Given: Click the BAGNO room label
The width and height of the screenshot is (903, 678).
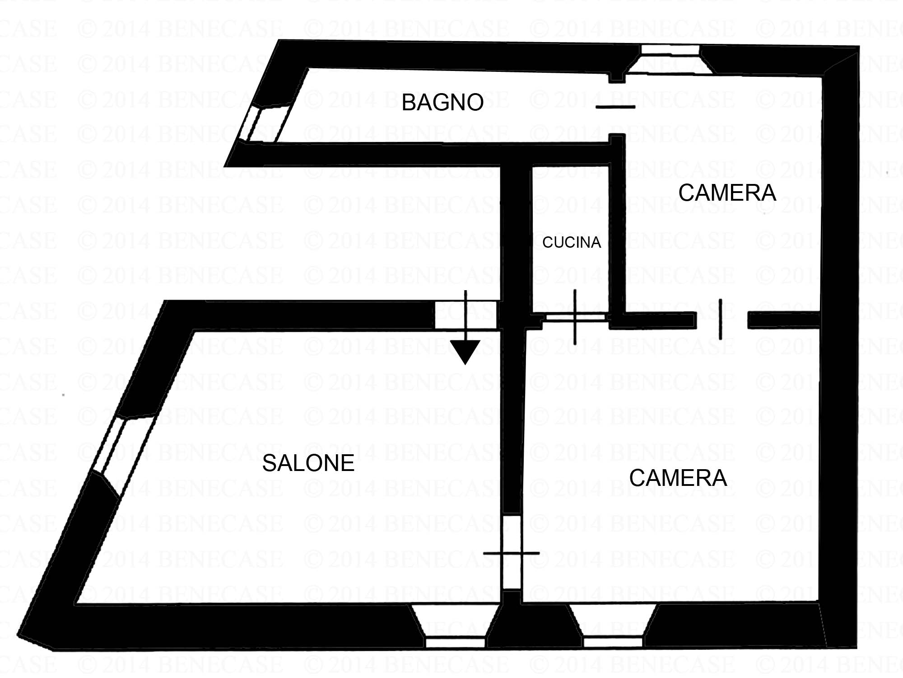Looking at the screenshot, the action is coord(442,103).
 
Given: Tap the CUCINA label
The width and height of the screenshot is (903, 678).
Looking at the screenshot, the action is coord(572,243).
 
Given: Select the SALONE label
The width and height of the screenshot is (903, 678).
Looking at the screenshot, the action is coord(308,463).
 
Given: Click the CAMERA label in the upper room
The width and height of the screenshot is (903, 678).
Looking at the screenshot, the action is coord(727,193).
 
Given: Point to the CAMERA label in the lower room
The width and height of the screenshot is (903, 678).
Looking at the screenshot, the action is coord(678,478).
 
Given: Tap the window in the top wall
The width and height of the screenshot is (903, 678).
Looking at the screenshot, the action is coord(670,59).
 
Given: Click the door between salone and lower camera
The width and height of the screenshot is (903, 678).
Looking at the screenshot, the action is coord(512,553).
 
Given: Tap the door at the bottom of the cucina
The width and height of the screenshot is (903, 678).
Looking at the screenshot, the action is coord(575,317).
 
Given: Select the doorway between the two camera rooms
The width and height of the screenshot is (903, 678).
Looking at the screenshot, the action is coord(721,320).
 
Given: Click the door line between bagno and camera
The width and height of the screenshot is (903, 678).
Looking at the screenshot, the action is coord(616,107).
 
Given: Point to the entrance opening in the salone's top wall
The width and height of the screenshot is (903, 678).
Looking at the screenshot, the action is coord(465,315).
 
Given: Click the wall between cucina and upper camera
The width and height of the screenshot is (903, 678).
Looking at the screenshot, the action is coord(617,226).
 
